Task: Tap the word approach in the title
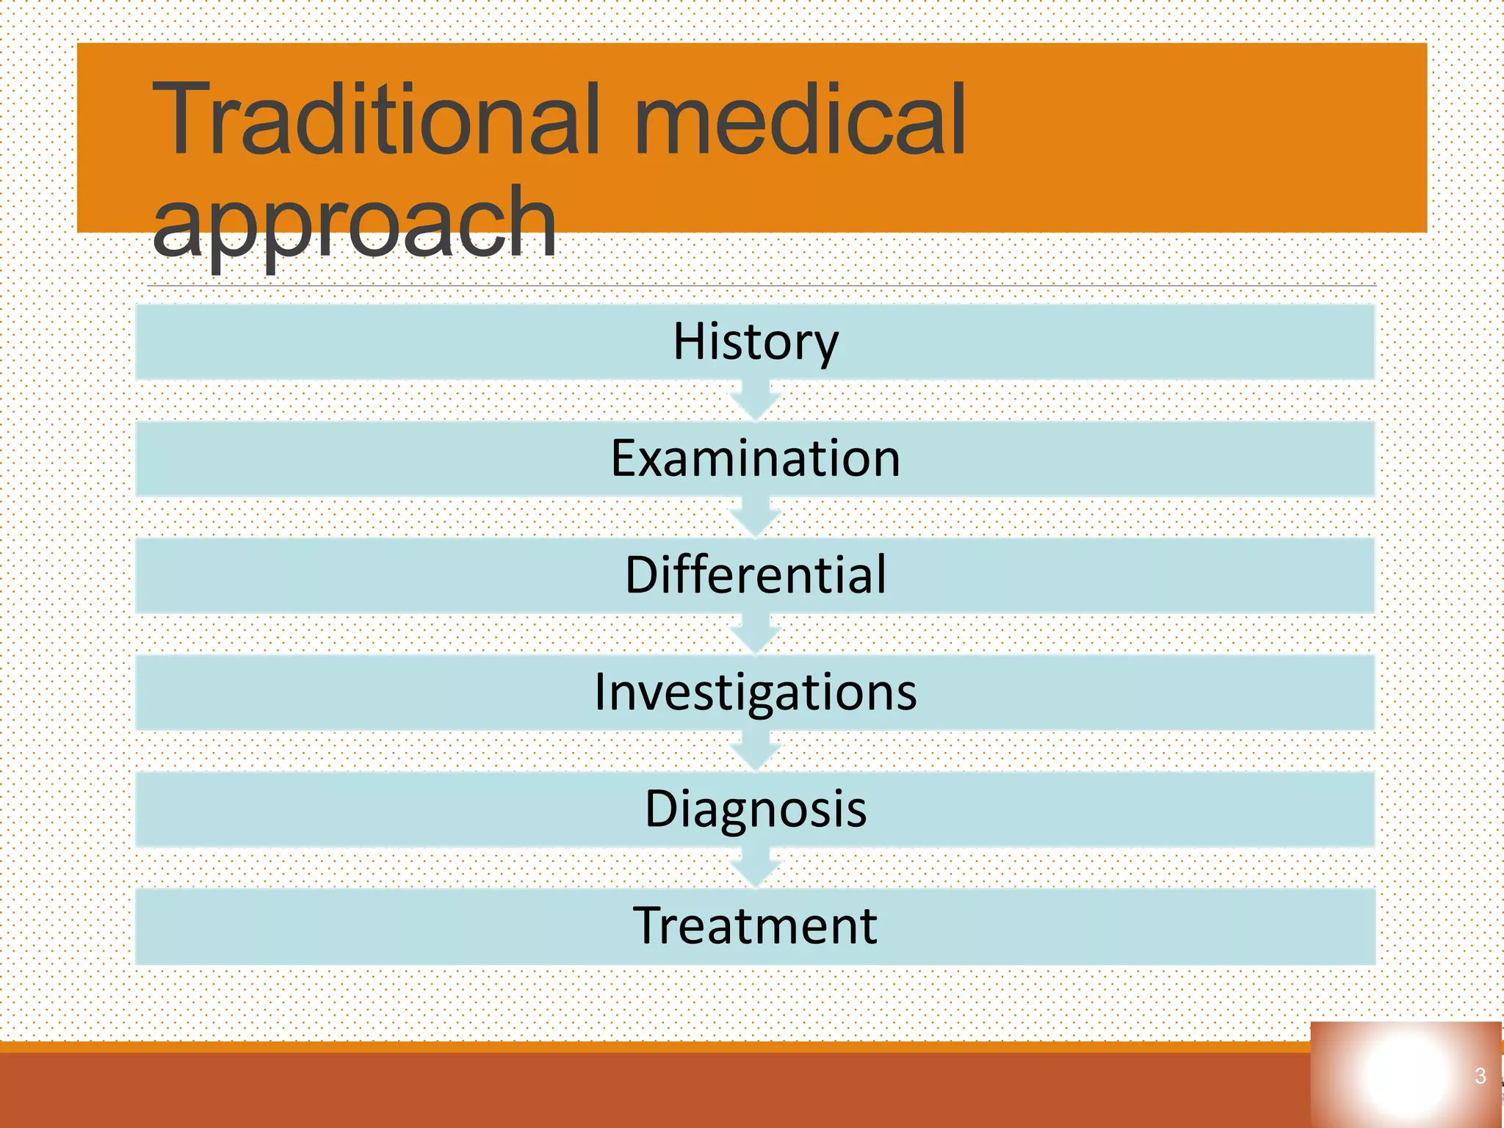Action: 354,223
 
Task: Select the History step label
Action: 755,342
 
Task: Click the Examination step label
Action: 755,459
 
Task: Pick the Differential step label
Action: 755,575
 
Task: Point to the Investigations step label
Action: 755,692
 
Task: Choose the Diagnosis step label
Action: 755,809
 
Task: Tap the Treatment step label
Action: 755,925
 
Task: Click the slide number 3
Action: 1480,1077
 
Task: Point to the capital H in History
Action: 690,342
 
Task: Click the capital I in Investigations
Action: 601,692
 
